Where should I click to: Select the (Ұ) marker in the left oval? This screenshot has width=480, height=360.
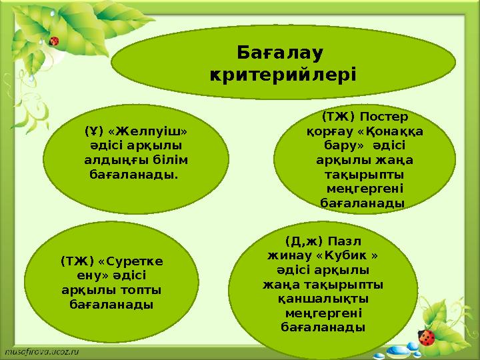94,131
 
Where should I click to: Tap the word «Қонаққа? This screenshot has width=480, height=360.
393,131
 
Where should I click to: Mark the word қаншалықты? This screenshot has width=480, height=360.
323,299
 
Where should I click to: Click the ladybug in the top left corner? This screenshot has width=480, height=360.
54,41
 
